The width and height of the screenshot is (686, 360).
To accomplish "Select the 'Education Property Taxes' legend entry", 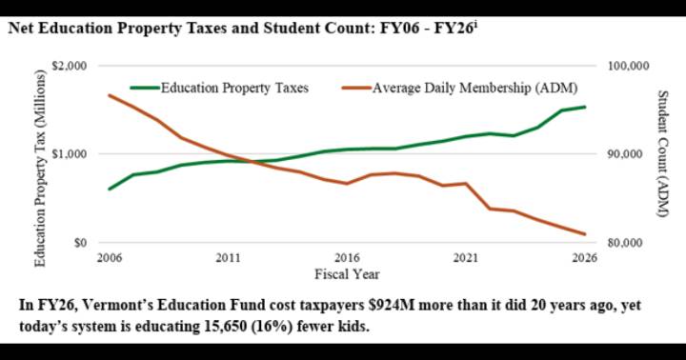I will point(234,88).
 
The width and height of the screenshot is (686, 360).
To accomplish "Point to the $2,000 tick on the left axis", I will point(69,66).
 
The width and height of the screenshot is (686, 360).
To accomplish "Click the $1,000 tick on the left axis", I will point(69,154).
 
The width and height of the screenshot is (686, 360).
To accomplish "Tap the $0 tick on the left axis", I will point(80,243).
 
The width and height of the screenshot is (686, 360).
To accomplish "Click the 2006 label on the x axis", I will point(108,258).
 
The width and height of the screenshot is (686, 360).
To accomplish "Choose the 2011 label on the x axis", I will point(228,258).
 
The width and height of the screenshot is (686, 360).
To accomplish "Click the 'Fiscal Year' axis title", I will point(347,274).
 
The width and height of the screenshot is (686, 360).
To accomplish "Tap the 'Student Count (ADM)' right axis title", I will point(663,154).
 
